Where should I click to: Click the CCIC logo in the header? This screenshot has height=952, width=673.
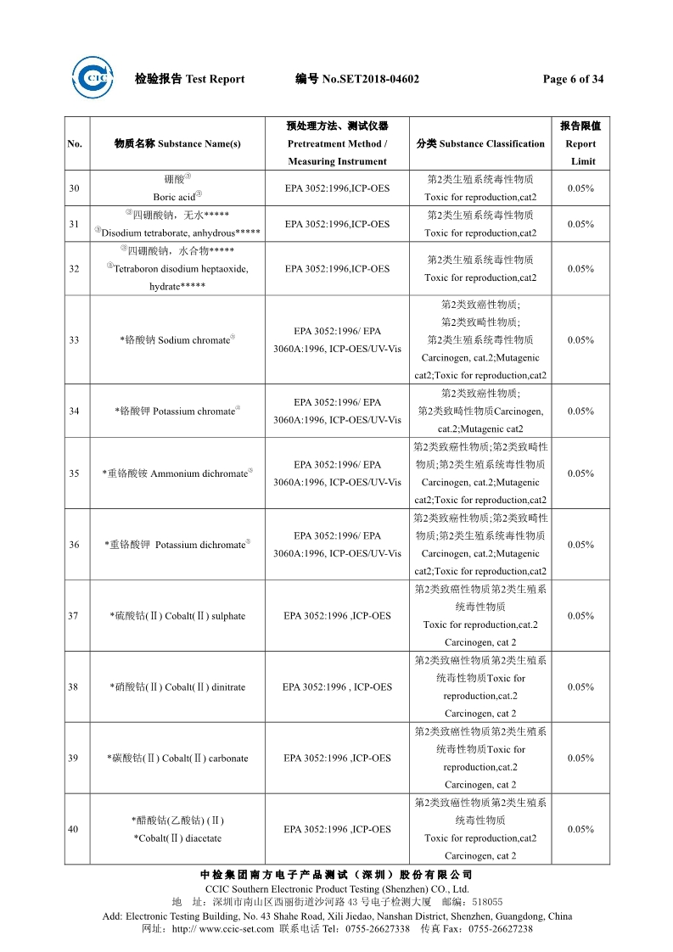[x=93, y=78]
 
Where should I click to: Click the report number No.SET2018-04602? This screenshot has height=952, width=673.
[x=357, y=79]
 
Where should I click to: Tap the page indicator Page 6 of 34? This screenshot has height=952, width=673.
[x=573, y=79]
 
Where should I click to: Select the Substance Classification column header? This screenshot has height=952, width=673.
[x=480, y=143]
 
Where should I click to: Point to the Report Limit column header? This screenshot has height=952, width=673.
[x=581, y=143]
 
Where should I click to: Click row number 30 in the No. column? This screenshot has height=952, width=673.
[x=74, y=188]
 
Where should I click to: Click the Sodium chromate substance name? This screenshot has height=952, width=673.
[x=177, y=340]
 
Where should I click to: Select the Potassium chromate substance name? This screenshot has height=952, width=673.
[x=177, y=412]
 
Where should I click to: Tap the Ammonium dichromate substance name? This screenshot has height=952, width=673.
[x=177, y=473]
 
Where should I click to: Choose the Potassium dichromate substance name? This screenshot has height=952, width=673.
[x=177, y=545]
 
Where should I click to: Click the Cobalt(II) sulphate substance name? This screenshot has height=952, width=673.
[x=177, y=616]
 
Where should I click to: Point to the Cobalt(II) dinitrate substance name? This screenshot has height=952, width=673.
[x=177, y=687]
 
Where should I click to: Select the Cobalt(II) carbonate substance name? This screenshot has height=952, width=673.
[x=177, y=759]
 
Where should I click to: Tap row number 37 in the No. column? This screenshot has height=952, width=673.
[x=74, y=616]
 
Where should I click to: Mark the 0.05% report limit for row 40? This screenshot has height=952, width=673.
[x=580, y=829]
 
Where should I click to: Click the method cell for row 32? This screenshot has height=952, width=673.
[x=337, y=269]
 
